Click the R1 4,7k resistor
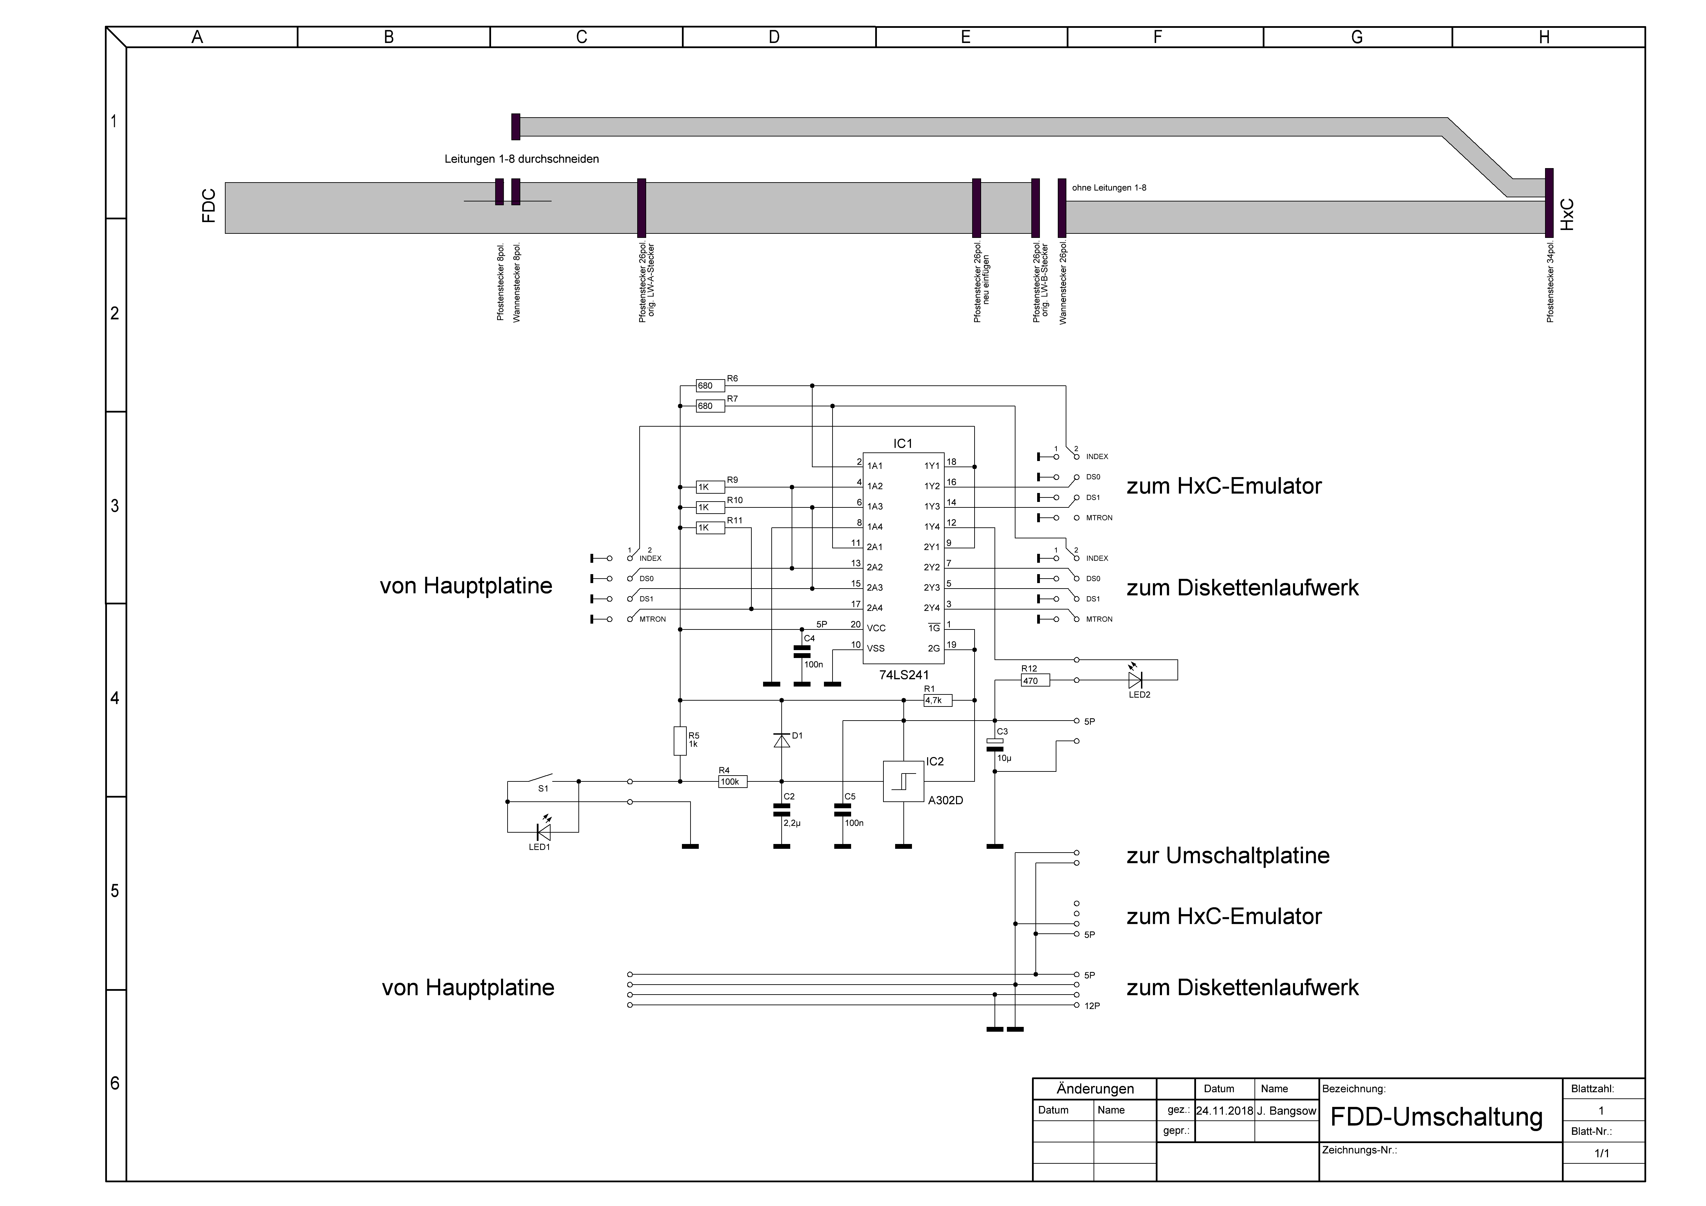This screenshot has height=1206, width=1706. click(938, 700)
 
